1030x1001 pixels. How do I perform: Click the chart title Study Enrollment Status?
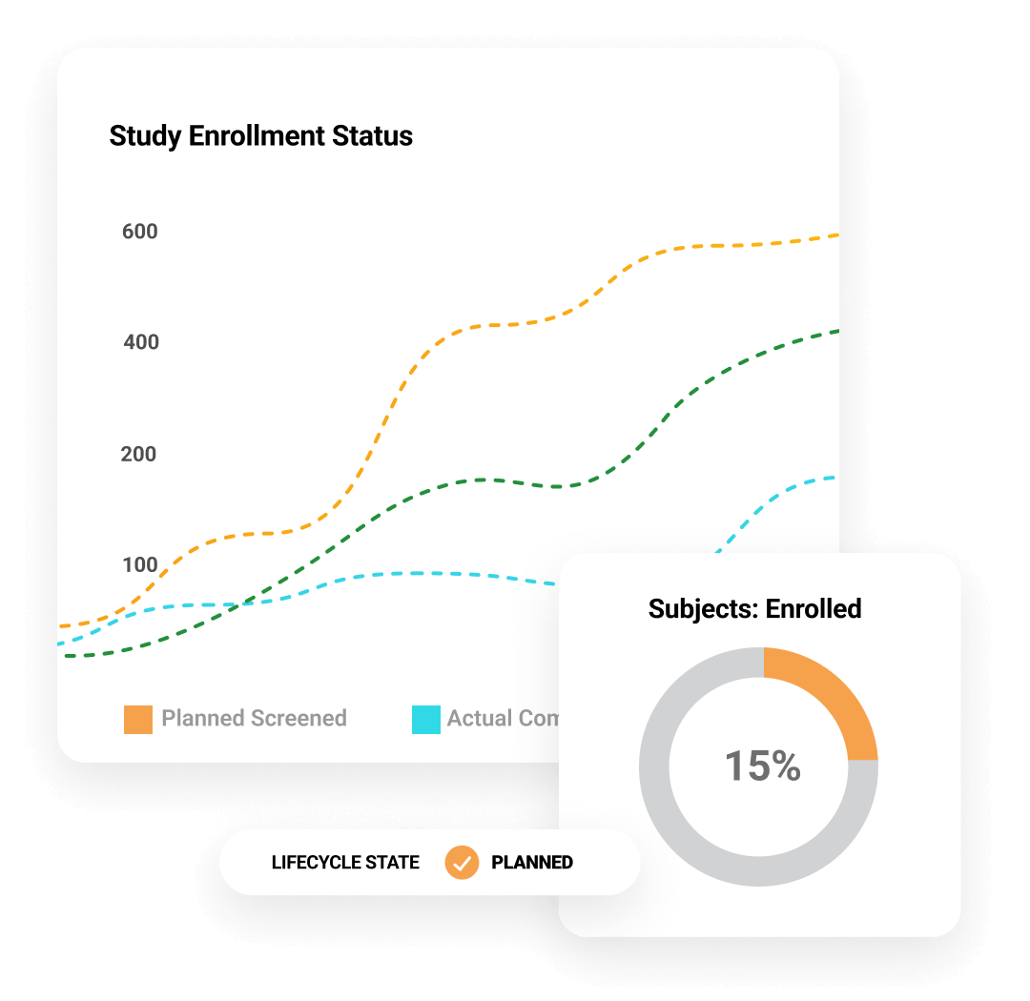(x=260, y=135)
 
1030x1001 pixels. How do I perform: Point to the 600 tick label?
(x=139, y=232)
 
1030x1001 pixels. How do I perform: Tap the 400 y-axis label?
(x=141, y=341)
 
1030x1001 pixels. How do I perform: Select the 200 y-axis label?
(x=138, y=454)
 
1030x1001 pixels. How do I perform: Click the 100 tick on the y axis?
(x=139, y=564)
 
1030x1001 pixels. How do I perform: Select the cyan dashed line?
(x=420, y=573)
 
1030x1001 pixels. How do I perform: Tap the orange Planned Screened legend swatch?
(x=138, y=719)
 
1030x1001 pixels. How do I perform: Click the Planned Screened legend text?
(x=254, y=718)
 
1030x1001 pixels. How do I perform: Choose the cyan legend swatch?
(x=425, y=719)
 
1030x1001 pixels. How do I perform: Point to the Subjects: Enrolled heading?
(x=754, y=608)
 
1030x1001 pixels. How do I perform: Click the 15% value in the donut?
(x=762, y=766)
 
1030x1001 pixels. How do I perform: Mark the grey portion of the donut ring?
(x=687, y=829)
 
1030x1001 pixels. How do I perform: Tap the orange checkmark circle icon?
(x=462, y=862)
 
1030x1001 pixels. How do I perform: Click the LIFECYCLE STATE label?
(x=345, y=863)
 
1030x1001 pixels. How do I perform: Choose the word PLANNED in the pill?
(x=532, y=863)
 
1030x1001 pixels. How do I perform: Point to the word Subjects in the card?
(x=702, y=608)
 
